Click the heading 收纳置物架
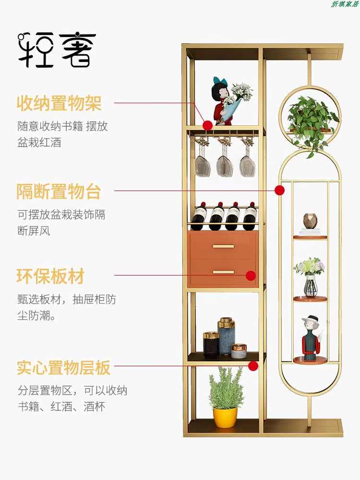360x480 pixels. [59, 103]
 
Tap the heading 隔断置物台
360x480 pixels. [59, 191]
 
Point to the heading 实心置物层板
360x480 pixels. [63, 368]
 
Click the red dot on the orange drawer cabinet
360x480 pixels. [251, 276]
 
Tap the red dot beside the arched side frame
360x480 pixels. [279, 190]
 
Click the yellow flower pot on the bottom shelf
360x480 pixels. [225, 417]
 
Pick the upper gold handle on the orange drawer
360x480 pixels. [223, 246]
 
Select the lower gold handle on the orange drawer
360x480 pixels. [223, 272]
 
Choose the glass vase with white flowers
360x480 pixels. [310, 277]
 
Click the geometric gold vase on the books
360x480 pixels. [310, 221]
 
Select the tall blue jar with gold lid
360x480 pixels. [227, 336]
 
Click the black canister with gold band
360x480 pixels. [211, 345]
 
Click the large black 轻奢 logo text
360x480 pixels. [57, 50]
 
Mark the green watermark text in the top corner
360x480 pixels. [344, 4]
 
